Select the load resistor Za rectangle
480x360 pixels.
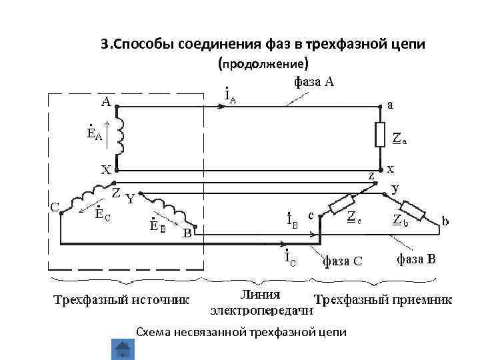pos(381,135)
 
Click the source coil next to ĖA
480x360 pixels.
pos(120,135)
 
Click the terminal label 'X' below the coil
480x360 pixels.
pos(105,169)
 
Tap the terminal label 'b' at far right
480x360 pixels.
pos(445,220)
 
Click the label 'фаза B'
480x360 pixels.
pos(416,259)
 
